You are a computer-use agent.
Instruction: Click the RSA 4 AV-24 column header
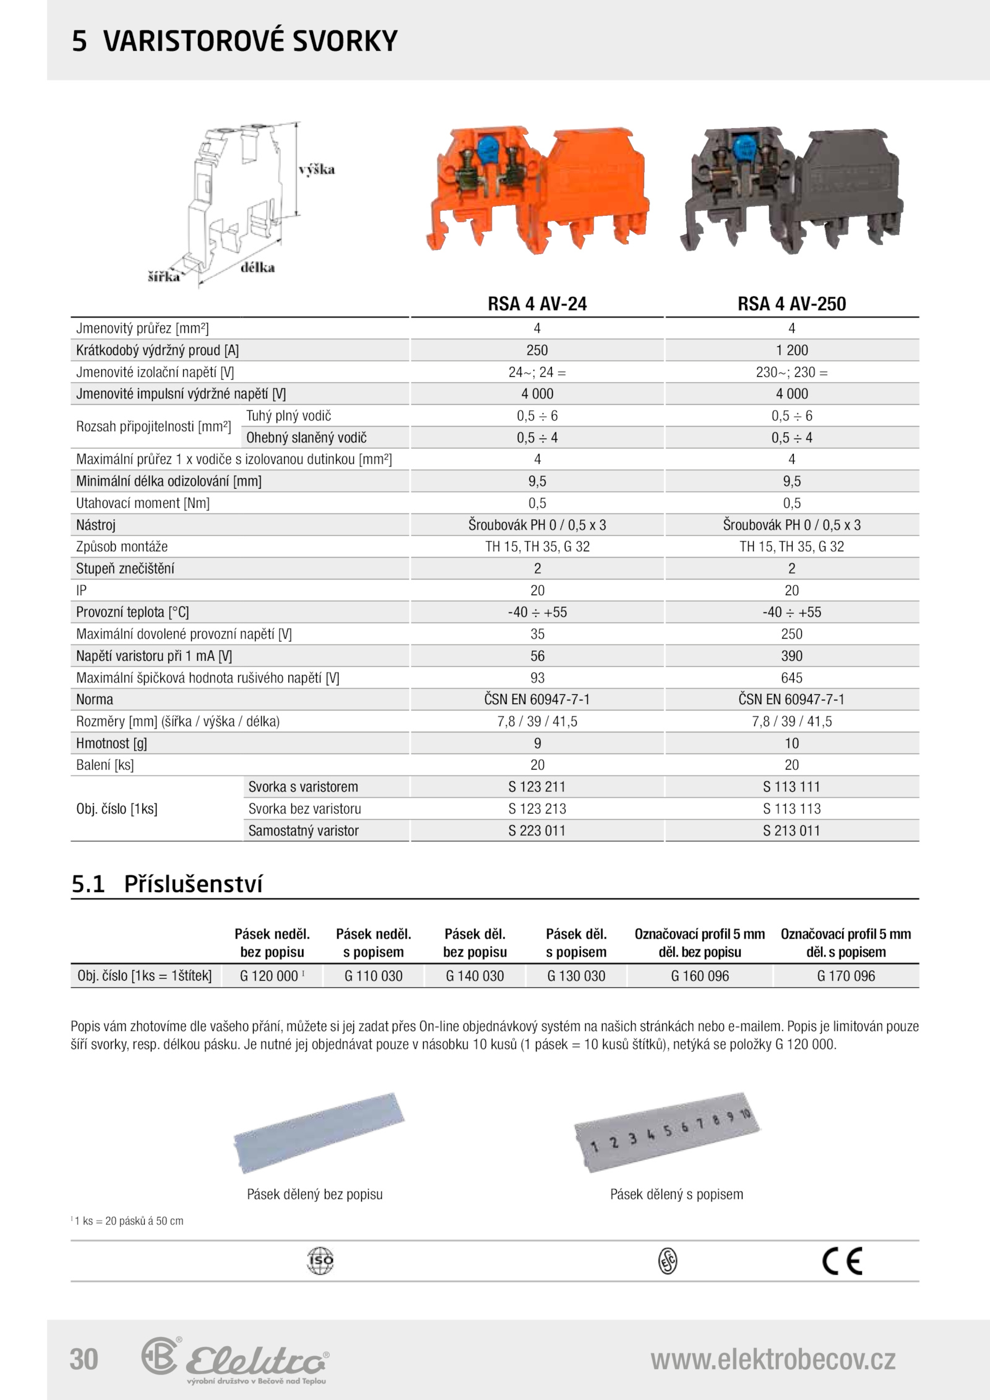coord(537,304)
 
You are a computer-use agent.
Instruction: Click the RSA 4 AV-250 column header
coord(791,304)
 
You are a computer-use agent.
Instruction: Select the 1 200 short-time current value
coord(791,350)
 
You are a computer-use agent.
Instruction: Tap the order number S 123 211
coord(537,787)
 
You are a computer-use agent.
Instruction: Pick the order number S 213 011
coord(791,831)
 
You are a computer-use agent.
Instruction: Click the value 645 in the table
coord(791,678)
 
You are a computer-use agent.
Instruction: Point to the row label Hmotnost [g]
coord(111,744)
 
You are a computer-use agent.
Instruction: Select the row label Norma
coord(95,700)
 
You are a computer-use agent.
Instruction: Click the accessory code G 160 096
coord(700,976)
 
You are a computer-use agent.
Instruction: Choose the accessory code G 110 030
coord(373,976)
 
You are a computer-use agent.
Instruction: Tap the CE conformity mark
coord(842,1262)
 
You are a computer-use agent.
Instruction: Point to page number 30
coord(84,1359)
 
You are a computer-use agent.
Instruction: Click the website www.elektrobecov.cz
coord(773,1359)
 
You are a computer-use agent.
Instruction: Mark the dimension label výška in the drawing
coord(317,170)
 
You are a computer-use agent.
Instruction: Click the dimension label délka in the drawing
coord(257,268)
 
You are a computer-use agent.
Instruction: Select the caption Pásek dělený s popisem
coord(676,1195)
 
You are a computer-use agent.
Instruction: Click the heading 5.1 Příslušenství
coord(167,884)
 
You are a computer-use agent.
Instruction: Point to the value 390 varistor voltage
coord(791,656)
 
